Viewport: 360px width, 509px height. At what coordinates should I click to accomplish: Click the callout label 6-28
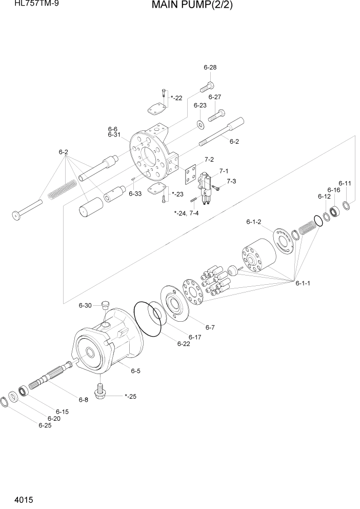click(x=210, y=67)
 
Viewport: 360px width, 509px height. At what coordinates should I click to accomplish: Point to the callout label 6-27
click(x=214, y=97)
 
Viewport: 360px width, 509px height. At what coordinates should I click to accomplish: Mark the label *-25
click(x=131, y=396)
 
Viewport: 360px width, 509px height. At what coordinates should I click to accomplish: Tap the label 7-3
click(x=231, y=181)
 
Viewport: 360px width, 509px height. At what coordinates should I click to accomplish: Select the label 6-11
click(x=345, y=183)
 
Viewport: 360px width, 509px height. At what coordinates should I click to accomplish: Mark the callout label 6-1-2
click(x=254, y=222)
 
